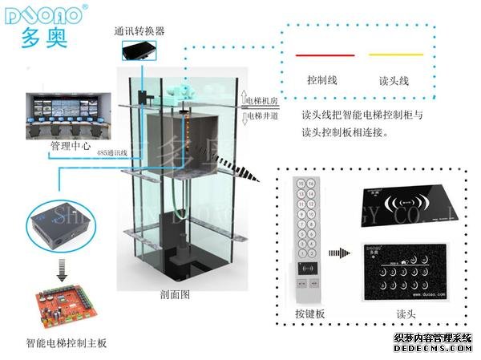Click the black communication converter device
pos(141,52)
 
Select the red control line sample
pos(325,55)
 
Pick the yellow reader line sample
pos(394,55)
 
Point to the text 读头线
pos(394,80)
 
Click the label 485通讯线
pos(110,152)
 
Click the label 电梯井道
pos(263,115)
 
